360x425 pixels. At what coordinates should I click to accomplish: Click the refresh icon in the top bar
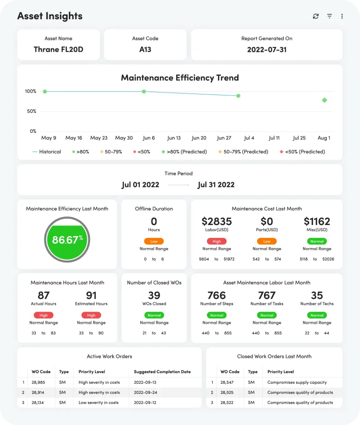click(315, 16)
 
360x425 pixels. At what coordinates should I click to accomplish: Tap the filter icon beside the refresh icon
click(329, 16)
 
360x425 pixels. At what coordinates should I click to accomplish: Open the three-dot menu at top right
click(342, 16)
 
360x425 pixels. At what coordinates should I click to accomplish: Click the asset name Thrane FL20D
click(58, 49)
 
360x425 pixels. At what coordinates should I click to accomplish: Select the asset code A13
click(145, 49)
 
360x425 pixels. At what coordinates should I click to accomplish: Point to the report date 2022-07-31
click(266, 49)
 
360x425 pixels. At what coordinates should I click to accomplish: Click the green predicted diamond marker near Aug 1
click(324, 100)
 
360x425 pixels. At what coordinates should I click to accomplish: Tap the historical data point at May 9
click(45, 91)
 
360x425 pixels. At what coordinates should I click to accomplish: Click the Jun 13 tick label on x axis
click(174, 138)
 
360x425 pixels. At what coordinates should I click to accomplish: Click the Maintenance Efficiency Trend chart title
click(180, 78)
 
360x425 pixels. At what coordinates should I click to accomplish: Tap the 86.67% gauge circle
click(67, 239)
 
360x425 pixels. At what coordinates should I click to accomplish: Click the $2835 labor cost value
click(216, 221)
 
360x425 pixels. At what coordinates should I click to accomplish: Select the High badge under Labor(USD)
click(216, 241)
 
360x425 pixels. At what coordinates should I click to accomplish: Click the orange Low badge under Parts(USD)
click(266, 241)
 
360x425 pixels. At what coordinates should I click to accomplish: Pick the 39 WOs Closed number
click(154, 295)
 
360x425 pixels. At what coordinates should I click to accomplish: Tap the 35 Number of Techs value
click(317, 295)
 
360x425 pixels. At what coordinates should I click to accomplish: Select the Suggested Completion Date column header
click(162, 372)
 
